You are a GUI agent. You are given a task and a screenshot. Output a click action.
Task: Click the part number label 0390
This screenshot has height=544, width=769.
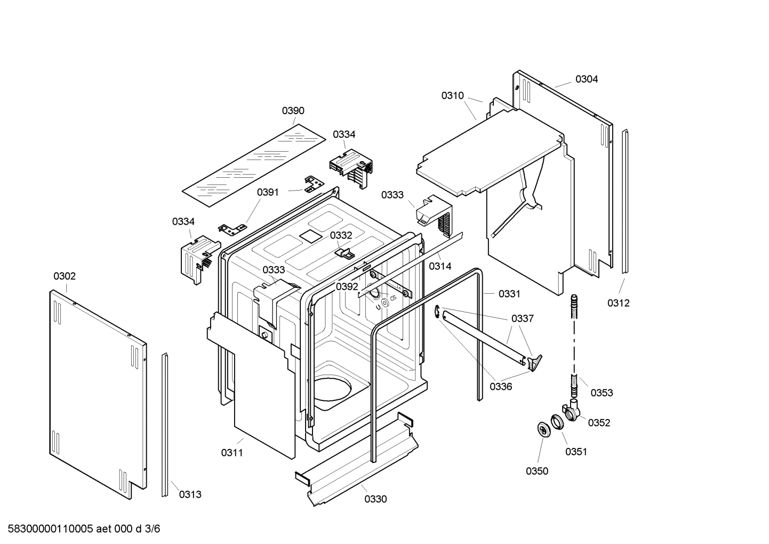[293, 111]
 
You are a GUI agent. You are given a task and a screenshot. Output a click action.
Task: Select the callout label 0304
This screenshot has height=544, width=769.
[586, 79]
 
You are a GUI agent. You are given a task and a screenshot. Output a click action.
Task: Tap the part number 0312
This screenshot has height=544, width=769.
[618, 303]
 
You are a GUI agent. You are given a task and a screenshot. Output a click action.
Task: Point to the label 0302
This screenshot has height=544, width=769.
[65, 276]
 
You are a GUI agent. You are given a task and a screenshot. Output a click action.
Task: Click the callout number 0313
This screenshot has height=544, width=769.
[190, 494]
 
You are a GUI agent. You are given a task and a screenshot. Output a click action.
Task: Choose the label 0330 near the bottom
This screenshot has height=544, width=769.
[375, 499]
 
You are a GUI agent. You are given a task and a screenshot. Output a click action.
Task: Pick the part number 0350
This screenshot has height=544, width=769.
[536, 471]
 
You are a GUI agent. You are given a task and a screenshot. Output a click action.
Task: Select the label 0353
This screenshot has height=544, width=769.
[602, 392]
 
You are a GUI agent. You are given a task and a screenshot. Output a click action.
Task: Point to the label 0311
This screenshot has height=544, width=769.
[232, 453]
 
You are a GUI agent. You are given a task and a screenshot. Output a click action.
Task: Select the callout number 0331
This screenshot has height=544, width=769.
[509, 294]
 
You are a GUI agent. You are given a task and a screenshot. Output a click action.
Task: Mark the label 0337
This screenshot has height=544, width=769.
[522, 318]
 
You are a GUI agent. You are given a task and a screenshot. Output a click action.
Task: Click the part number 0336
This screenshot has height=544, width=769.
[501, 387]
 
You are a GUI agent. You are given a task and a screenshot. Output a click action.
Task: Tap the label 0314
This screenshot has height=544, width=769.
[440, 266]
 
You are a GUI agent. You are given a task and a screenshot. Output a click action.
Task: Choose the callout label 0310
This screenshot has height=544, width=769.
[452, 96]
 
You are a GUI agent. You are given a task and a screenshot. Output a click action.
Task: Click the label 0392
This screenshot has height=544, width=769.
[347, 287]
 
